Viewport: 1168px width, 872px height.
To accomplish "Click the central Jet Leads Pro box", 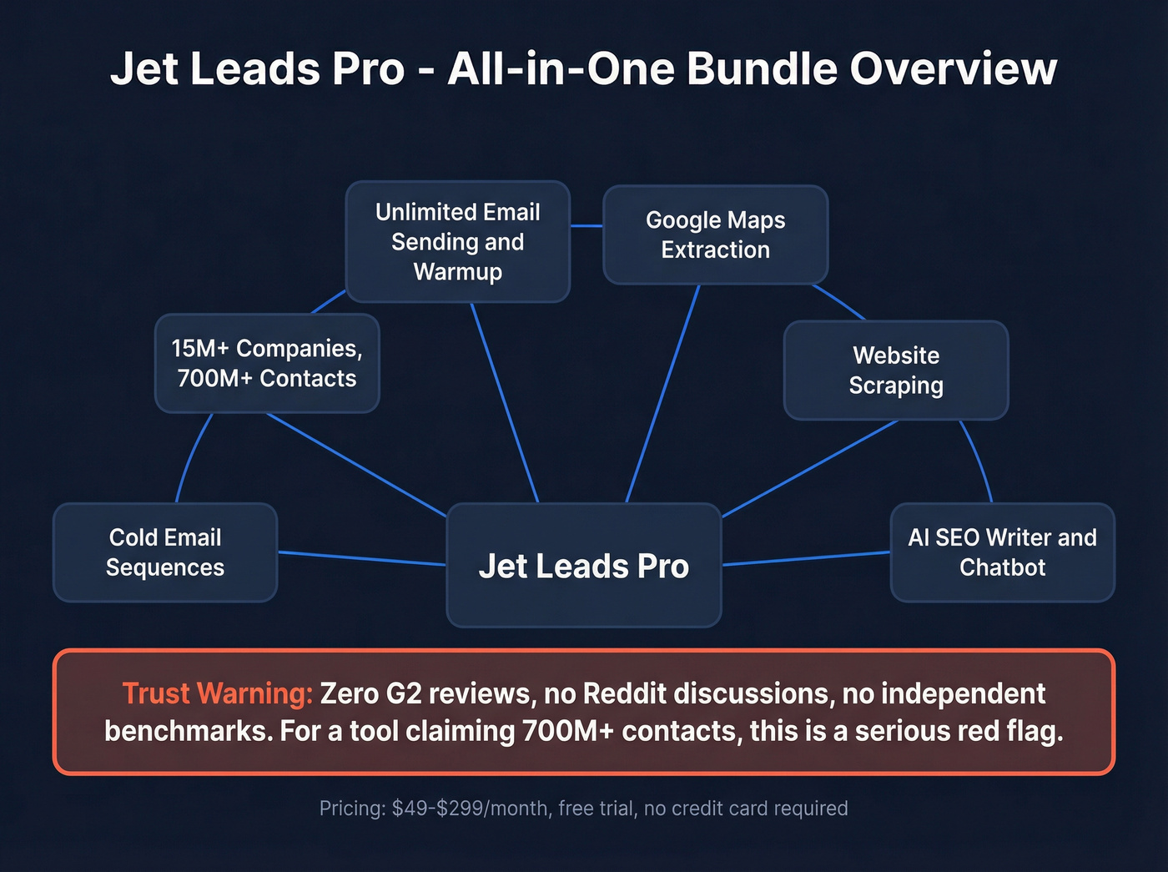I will (583, 565).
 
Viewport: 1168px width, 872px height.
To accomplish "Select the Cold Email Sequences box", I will (165, 552).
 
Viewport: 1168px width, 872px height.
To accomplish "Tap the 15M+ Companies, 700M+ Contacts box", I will (267, 363).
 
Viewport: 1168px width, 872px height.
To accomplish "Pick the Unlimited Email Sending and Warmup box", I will (457, 241).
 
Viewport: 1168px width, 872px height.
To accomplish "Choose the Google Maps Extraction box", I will (715, 234).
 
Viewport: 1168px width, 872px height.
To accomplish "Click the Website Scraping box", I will (896, 370).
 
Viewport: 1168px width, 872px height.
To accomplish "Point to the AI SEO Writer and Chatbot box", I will (1002, 552).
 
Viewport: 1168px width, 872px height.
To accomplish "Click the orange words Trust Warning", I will (217, 693).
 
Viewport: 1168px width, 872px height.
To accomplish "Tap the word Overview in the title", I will (954, 68).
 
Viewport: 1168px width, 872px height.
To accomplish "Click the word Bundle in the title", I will (762, 68).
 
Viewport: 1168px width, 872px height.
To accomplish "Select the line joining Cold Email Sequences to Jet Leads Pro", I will (361, 558).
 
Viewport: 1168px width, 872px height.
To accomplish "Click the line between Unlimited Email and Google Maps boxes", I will (587, 225).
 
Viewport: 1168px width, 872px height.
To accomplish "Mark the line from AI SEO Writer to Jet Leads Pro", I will (806, 558).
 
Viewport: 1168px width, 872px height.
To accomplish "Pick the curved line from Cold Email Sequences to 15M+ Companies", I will (190, 455).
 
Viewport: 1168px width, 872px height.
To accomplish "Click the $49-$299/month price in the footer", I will (470, 809).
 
